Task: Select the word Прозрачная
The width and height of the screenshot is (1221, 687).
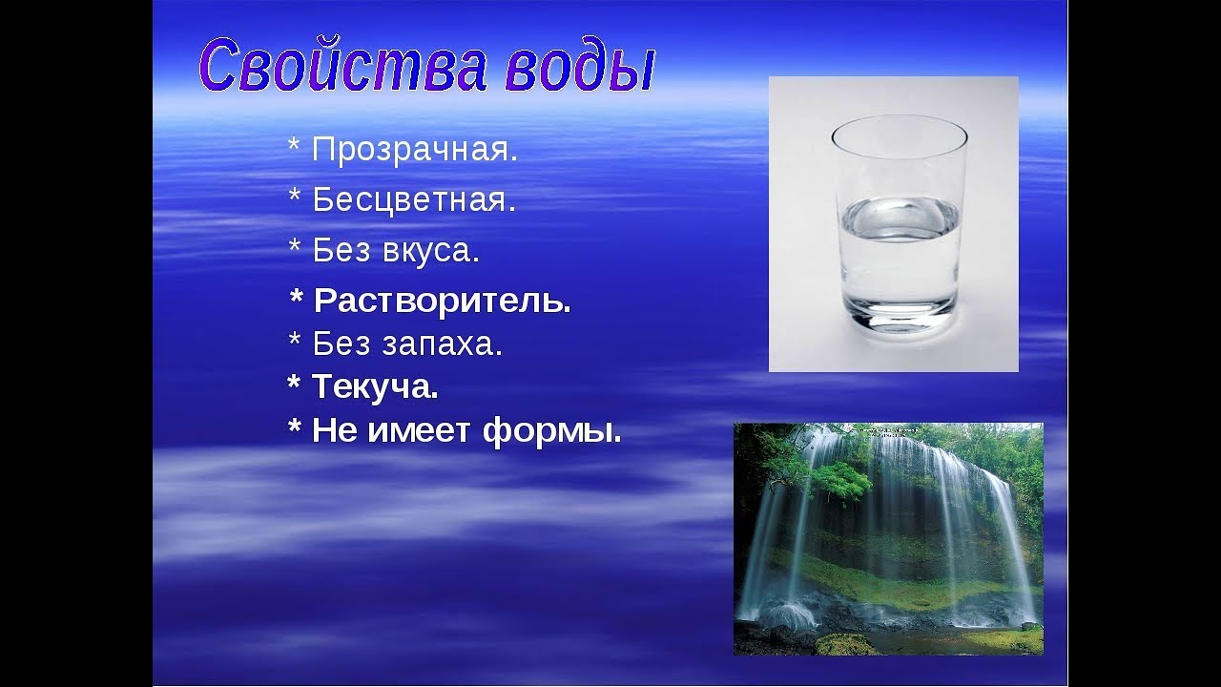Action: click(415, 150)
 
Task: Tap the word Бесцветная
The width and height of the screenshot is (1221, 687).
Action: click(414, 199)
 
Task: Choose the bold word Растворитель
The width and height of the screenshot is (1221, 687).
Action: click(443, 301)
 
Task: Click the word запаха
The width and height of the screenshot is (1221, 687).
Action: click(442, 344)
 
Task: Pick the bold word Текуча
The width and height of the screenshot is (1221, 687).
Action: click(375, 387)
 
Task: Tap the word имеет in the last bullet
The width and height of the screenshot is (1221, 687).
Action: click(419, 430)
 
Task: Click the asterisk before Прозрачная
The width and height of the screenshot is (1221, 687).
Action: click(294, 145)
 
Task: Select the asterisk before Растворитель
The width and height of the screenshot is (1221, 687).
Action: click(296, 297)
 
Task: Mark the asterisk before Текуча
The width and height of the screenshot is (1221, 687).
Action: click(294, 382)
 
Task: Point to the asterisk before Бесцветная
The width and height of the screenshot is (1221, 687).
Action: click(295, 196)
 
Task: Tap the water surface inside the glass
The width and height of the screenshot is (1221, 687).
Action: click(900, 219)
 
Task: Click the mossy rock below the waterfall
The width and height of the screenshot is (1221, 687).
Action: click(848, 644)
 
